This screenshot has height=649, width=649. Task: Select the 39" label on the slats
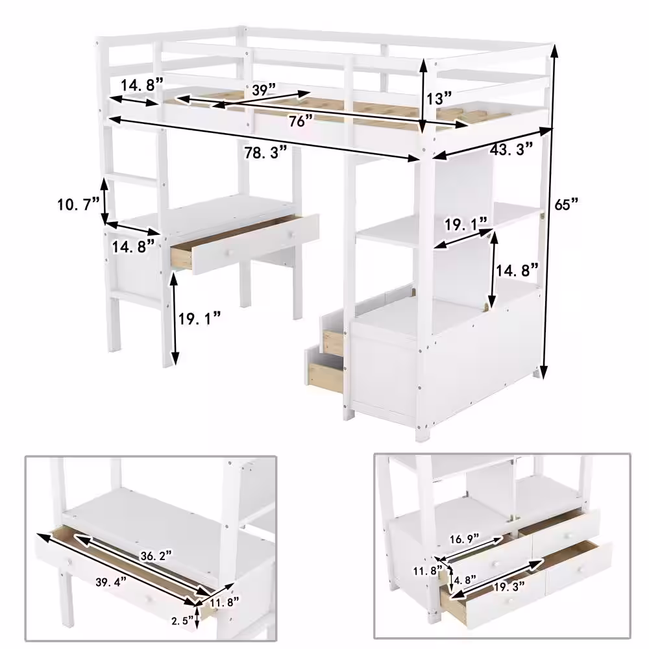[x=264, y=90]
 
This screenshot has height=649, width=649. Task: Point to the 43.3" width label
[x=511, y=149]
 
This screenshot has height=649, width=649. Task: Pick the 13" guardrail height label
[x=439, y=99]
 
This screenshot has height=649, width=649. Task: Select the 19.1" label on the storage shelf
[x=465, y=225]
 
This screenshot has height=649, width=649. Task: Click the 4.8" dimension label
[x=465, y=580]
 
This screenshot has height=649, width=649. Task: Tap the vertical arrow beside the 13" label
[x=423, y=97]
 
